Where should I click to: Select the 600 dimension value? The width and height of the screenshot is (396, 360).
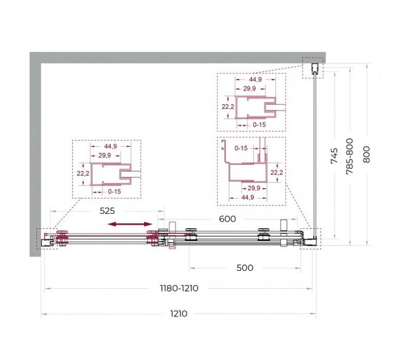click(x=227, y=218)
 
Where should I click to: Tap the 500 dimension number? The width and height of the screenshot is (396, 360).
click(x=245, y=268)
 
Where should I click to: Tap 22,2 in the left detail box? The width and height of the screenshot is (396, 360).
click(x=82, y=173)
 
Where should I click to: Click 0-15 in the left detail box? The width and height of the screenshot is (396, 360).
click(x=114, y=191)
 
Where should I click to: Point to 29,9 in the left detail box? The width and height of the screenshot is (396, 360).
click(x=104, y=155)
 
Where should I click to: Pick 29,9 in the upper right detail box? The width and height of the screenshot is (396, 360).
click(x=250, y=90)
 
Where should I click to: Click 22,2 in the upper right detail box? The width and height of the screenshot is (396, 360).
click(x=228, y=108)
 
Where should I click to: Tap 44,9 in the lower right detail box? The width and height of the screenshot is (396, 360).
click(x=248, y=197)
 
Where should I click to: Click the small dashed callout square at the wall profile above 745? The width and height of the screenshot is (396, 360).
click(x=312, y=68)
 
